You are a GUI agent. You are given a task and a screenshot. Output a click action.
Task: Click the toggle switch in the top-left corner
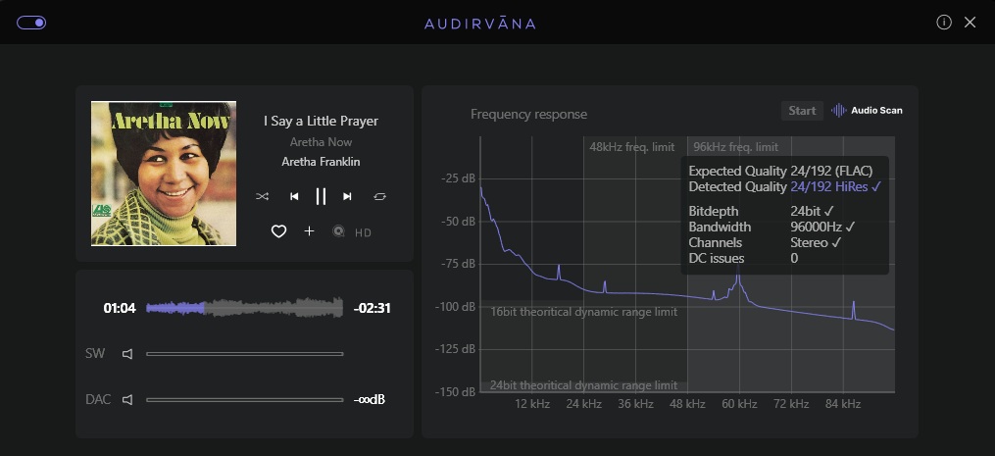pos(31,23)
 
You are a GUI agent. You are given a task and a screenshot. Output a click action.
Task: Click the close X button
pos(970,23)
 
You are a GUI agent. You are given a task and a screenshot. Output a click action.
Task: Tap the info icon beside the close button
pos(944,23)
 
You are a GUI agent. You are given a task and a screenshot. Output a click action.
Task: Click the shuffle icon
pos(263,196)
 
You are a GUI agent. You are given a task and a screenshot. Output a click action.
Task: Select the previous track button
pos(293,196)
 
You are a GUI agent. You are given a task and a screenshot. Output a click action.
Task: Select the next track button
pos(347,196)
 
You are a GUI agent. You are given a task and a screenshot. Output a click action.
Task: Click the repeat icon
pos(379,196)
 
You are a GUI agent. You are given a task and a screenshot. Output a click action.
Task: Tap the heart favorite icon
pos(278,231)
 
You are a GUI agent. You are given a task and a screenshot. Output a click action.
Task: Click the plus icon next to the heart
pos(310,231)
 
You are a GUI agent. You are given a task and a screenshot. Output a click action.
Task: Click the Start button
pos(802,111)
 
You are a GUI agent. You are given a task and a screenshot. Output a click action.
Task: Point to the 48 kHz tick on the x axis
pos(688,404)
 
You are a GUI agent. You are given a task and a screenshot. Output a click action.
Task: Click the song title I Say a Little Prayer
pos(321,121)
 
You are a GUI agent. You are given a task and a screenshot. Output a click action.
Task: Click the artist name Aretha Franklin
pos(321,162)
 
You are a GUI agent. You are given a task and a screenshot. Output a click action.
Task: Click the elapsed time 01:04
pos(120,308)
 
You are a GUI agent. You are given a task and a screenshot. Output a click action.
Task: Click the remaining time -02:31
pos(373,308)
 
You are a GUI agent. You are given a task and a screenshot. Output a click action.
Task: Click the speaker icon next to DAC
pos(126,400)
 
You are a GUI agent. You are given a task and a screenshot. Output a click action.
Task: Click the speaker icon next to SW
pos(126,353)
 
